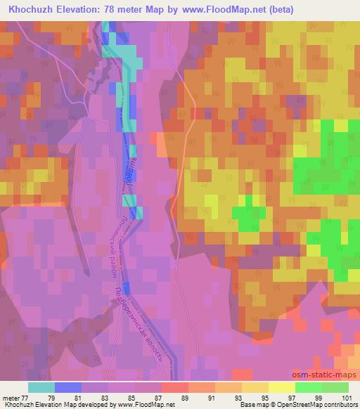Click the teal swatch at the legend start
pos(41,387)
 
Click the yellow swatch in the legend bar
pos(255,387)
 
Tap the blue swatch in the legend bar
pos(68,387)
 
